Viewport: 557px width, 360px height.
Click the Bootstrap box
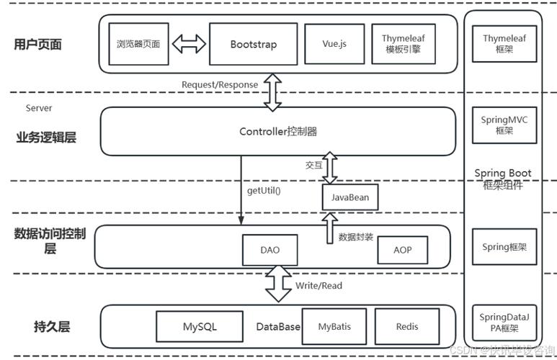[253, 44]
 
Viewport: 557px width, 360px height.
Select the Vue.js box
[334, 44]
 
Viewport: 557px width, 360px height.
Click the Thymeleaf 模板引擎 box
[403, 44]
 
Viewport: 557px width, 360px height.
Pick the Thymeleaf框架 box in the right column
[504, 44]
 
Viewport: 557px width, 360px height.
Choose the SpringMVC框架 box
[504, 125]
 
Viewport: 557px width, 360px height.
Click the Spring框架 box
[504, 247]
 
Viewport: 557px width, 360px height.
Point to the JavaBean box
[349, 197]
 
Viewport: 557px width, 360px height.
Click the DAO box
[269, 250]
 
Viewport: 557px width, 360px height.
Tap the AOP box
[402, 250]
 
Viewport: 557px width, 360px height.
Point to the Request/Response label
[219, 84]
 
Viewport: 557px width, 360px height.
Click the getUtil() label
[264, 191]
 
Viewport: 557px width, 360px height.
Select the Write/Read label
[318, 286]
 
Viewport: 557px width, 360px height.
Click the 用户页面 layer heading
[38, 44]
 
